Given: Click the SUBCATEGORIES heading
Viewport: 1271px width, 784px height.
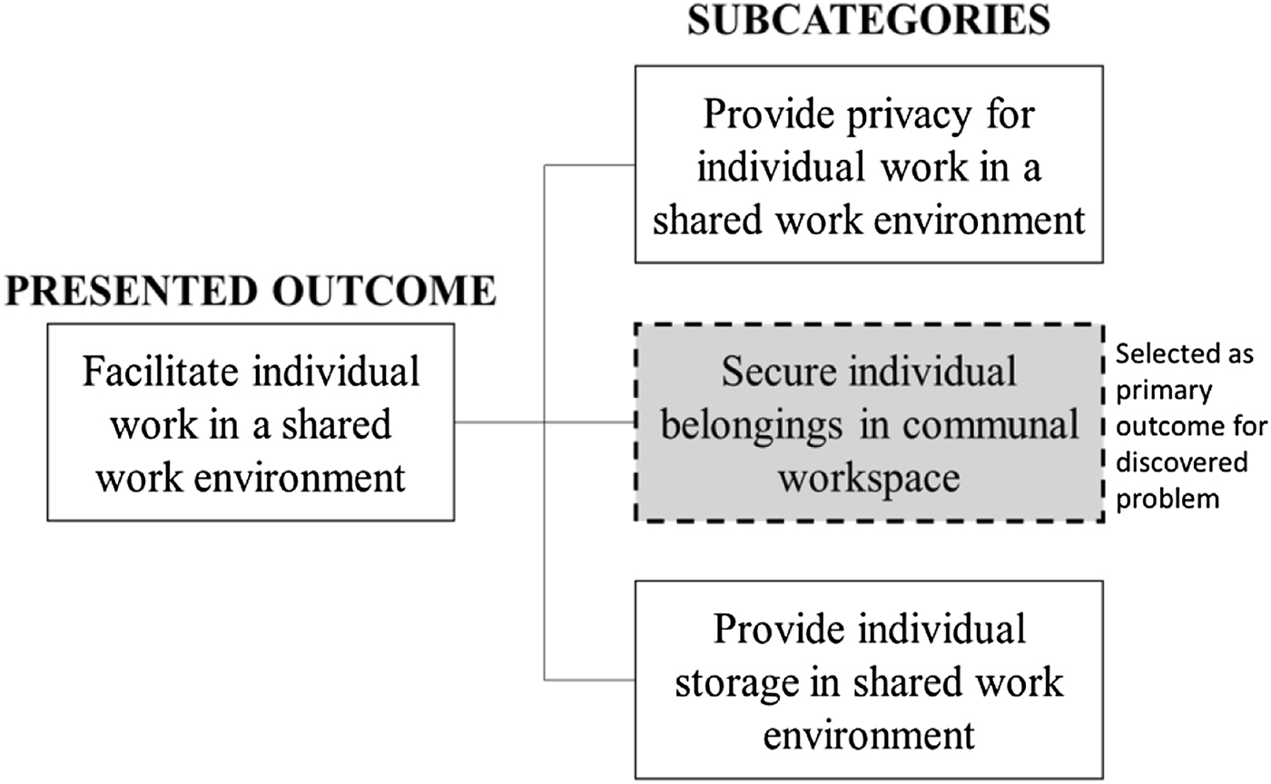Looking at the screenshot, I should (x=869, y=19).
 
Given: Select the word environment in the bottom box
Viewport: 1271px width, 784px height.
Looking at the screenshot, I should (x=869, y=732).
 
